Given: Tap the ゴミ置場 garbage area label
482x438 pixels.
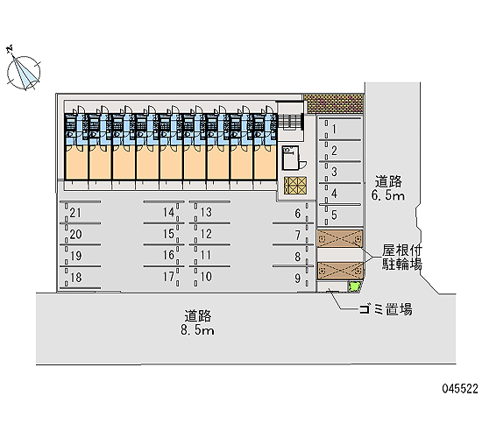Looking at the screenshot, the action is click(386, 309).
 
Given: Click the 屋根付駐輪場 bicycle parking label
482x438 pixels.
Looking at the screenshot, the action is click(402, 258).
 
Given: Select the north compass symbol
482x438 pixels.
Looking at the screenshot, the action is click(23, 71).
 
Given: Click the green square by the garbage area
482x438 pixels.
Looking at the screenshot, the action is click(354, 286).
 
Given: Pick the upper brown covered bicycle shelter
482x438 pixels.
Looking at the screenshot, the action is click(340, 238).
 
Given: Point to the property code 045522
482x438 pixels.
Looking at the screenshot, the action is click(460, 389).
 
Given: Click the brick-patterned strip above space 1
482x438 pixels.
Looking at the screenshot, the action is click(334, 103).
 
